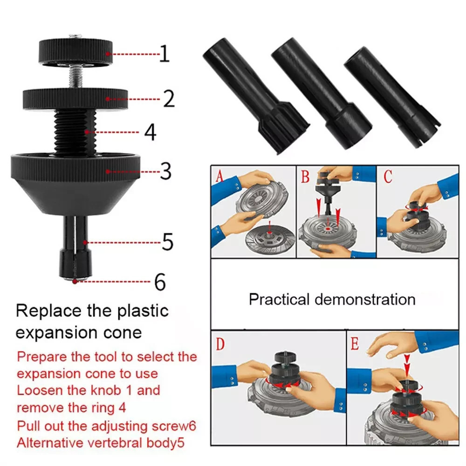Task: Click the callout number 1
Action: [165, 54]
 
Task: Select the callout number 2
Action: [169, 98]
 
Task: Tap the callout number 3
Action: [166, 171]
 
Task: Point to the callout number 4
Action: [150, 132]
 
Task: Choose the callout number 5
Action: [167, 241]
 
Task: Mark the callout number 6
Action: [160, 282]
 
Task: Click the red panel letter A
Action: [219, 176]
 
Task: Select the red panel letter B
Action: [305, 176]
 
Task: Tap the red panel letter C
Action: [388, 176]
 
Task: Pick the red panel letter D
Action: [220, 344]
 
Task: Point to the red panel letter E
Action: [355, 344]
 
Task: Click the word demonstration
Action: [365, 299]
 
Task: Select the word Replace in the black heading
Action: [48, 311]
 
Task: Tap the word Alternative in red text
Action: [50, 443]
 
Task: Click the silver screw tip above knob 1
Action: [75, 36]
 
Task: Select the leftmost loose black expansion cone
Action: [256, 96]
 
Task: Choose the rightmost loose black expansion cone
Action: [392, 97]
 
